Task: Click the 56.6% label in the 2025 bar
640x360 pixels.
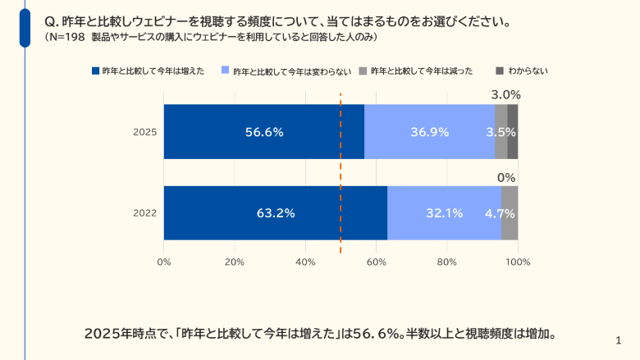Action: point(263,132)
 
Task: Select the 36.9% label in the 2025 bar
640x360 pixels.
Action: point(429,132)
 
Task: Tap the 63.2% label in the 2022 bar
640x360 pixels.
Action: point(275,213)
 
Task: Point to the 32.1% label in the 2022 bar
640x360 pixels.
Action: point(444,213)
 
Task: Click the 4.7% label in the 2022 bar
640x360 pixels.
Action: point(500,213)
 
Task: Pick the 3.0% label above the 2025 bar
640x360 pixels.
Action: point(505,94)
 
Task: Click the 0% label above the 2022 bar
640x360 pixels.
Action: point(506,177)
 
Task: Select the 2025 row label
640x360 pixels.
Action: point(144,132)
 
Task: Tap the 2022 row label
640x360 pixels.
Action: point(144,213)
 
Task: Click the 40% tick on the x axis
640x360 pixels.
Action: point(305,262)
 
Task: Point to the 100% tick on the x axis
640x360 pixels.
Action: point(518,262)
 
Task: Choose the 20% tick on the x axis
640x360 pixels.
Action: point(235,262)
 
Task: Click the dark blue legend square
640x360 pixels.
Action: point(95,71)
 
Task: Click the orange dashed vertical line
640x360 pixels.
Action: point(341,172)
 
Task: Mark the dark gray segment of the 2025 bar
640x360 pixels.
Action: point(513,132)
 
